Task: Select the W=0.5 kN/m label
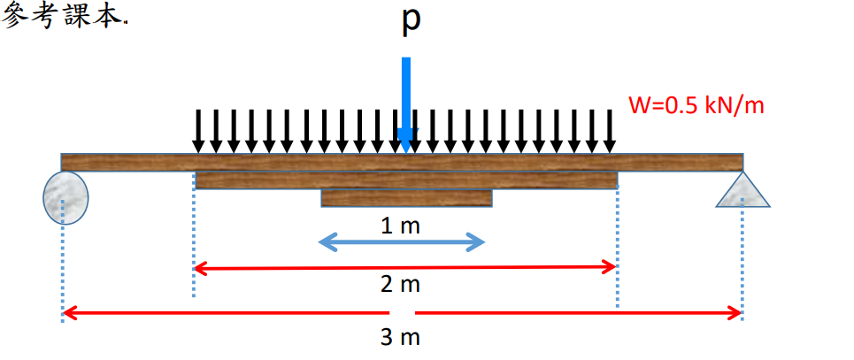pyautogui.click(x=696, y=105)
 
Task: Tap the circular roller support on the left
pyautogui.click(x=65, y=196)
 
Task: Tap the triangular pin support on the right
pyautogui.click(x=742, y=190)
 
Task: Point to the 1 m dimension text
pyautogui.click(x=400, y=226)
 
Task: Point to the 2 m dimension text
pyautogui.click(x=401, y=284)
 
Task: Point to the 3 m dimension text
pyautogui.click(x=401, y=337)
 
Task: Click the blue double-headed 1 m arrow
pyautogui.click(x=401, y=241)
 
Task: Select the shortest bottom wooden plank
pyautogui.click(x=406, y=198)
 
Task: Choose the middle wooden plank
pyautogui.click(x=406, y=180)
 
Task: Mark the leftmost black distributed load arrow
pyautogui.click(x=198, y=131)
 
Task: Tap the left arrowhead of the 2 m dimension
pyautogui.click(x=200, y=266)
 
